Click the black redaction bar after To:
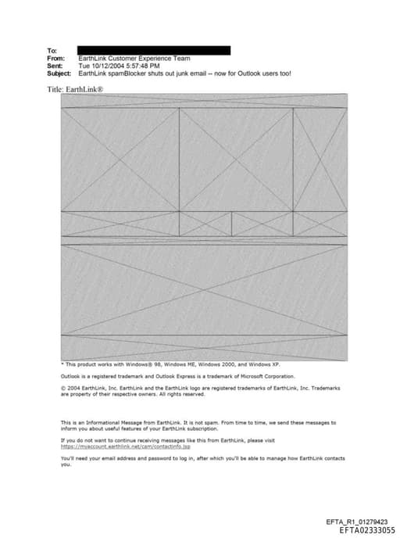point(154,51)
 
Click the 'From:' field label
point(55,59)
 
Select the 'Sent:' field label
point(55,66)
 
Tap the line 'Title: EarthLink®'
point(76,89)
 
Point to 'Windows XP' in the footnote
point(264,364)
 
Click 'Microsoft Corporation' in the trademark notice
point(265,376)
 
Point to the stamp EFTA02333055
point(362,530)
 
